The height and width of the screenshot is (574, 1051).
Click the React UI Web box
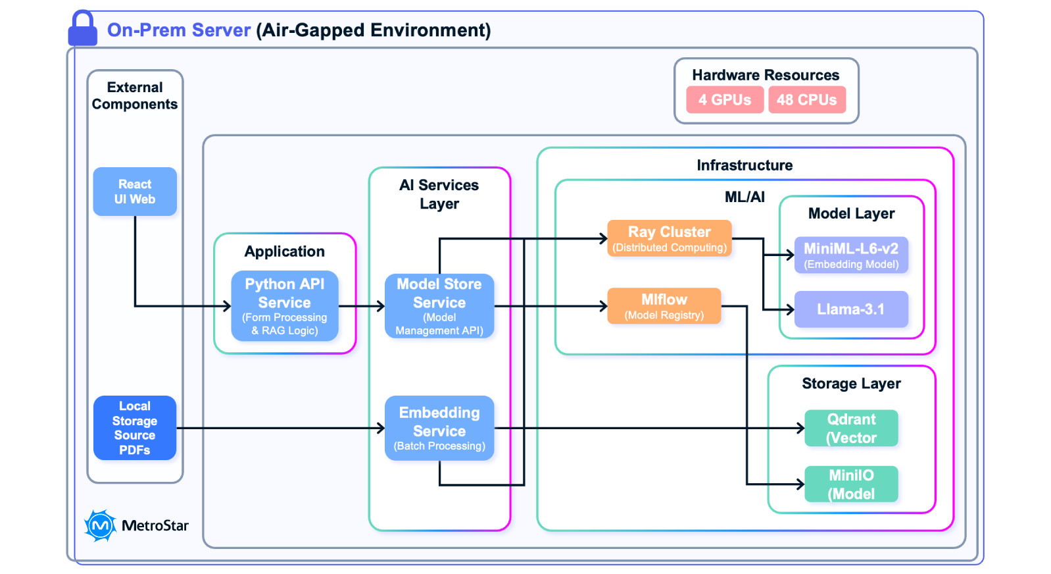[135, 192]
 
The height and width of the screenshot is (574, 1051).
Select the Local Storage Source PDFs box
[135, 428]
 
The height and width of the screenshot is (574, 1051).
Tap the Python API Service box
[285, 306]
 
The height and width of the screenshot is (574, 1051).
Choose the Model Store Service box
[439, 306]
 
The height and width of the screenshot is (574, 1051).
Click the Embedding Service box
[439, 428]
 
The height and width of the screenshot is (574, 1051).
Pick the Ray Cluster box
[669, 238]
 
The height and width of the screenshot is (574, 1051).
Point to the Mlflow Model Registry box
[664, 306]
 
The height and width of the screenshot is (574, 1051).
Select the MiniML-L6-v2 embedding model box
[851, 255]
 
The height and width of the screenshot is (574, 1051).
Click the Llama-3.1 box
[851, 309]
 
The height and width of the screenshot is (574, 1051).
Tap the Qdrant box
[851, 429]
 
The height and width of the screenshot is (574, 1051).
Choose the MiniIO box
[851, 484]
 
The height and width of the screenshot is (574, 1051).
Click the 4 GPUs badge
[725, 100]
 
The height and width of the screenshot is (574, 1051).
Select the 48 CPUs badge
[807, 100]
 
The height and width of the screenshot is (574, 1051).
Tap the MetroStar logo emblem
[100, 525]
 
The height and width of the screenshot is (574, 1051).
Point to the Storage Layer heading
[851, 384]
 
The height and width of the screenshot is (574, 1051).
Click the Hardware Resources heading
[766, 75]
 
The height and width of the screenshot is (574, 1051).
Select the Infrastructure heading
[745, 165]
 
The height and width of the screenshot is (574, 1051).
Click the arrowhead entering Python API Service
[227, 306]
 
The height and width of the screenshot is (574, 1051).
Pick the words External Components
[135, 96]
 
